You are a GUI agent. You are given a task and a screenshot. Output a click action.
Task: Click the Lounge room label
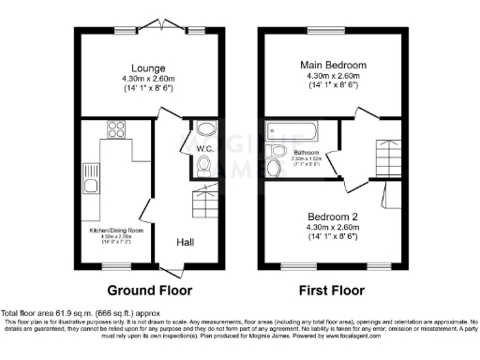[150, 69]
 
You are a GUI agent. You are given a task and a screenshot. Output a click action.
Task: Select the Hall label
[186, 243]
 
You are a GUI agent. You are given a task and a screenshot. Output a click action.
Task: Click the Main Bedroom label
[334, 65]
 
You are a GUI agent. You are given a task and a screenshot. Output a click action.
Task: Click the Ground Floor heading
[149, 290]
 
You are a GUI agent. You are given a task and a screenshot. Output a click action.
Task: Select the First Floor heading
[335, 290]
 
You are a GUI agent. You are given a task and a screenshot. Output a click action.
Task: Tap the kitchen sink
[91, 176]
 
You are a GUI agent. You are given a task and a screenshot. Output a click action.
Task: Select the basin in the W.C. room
[206, 128]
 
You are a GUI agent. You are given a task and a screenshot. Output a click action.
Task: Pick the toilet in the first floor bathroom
[273, 168]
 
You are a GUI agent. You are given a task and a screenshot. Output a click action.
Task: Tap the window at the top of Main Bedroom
[334, 28]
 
